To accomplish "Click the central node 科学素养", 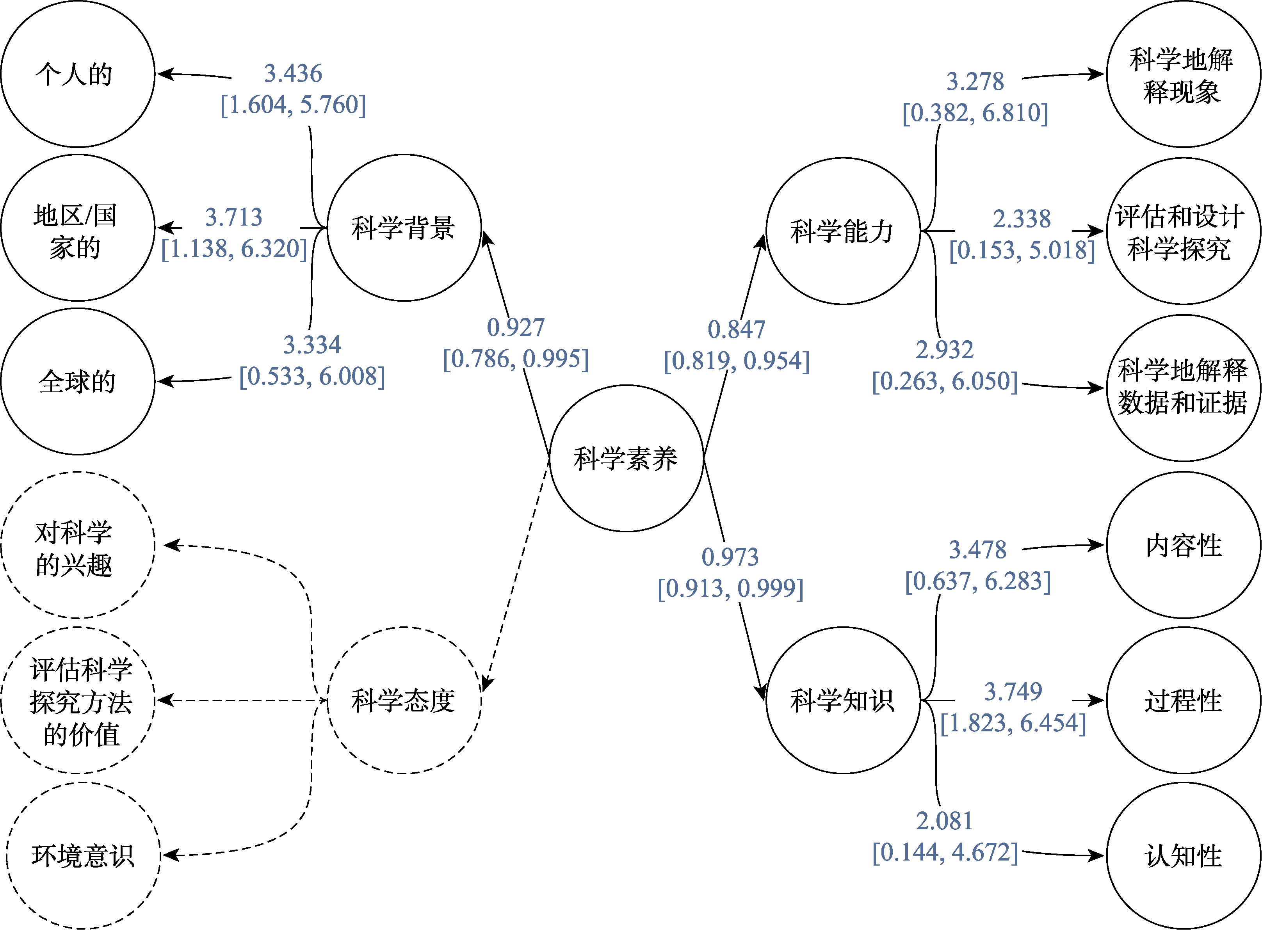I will [626, 458].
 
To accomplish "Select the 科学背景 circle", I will [404, 228].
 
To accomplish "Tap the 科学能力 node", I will [842, 231].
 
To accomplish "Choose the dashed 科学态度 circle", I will [404, 700].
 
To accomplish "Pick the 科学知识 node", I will [842, 700].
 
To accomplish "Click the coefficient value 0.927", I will [515, 327].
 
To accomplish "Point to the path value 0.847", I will [736, 329].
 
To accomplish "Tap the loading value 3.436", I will [293, 73].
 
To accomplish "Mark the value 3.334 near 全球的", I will [312, 345].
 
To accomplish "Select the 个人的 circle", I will [77, 74].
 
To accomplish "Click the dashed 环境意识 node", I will [83, 856].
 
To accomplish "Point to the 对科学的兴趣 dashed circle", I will [77, 545].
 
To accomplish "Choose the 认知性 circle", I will [1183, 856].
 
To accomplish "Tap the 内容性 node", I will [1183, 545].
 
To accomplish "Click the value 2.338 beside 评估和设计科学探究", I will [1022, 219].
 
